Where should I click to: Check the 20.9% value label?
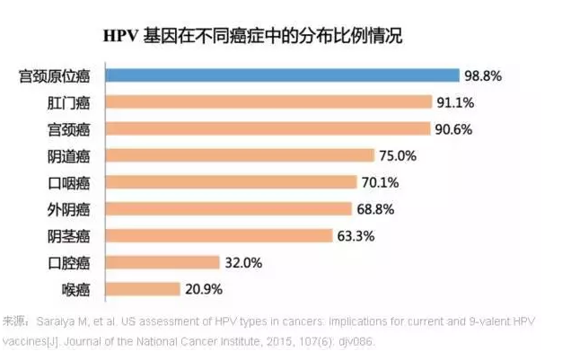pyautogui.click(x=202, y=289)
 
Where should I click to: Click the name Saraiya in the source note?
pyautogui.click(x=55, y=320)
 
